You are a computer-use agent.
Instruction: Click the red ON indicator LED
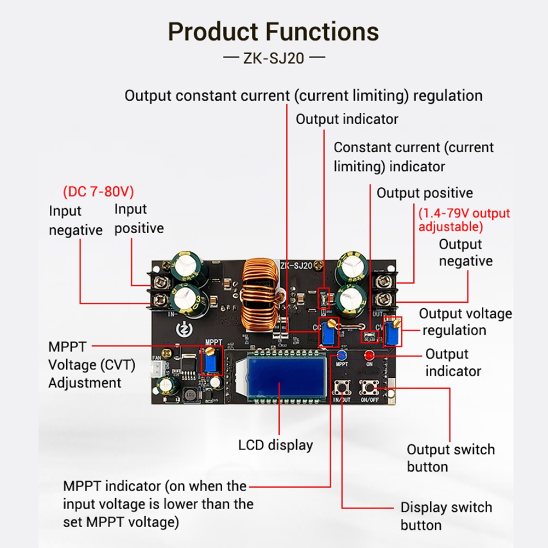click(369, 355)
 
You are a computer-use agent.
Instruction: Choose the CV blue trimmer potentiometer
click(393, 332)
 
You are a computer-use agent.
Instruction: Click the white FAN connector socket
click(157, 370)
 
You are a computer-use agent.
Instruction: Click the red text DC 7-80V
click(99, 192)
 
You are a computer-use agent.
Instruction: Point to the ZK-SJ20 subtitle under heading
click(273, 58)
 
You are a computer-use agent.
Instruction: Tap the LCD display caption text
click(275, 445)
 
